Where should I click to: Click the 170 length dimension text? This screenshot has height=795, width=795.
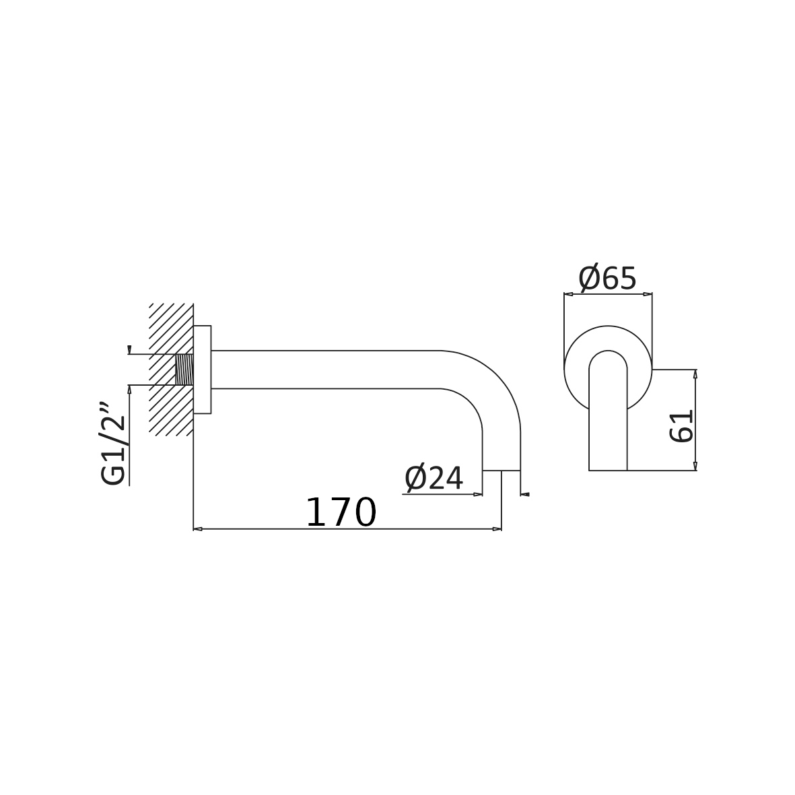[341, 512]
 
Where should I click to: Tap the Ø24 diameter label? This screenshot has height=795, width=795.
[434, 478]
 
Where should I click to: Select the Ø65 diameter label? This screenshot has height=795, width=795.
[607, 278]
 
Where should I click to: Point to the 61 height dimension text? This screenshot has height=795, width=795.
[681, 426]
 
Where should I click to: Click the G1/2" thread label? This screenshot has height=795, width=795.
[112, 445]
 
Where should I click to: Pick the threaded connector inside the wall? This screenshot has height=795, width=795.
[184, 370]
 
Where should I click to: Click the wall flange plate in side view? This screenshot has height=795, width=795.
[203, 370]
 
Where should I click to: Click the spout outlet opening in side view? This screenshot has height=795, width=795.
[502, 471]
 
